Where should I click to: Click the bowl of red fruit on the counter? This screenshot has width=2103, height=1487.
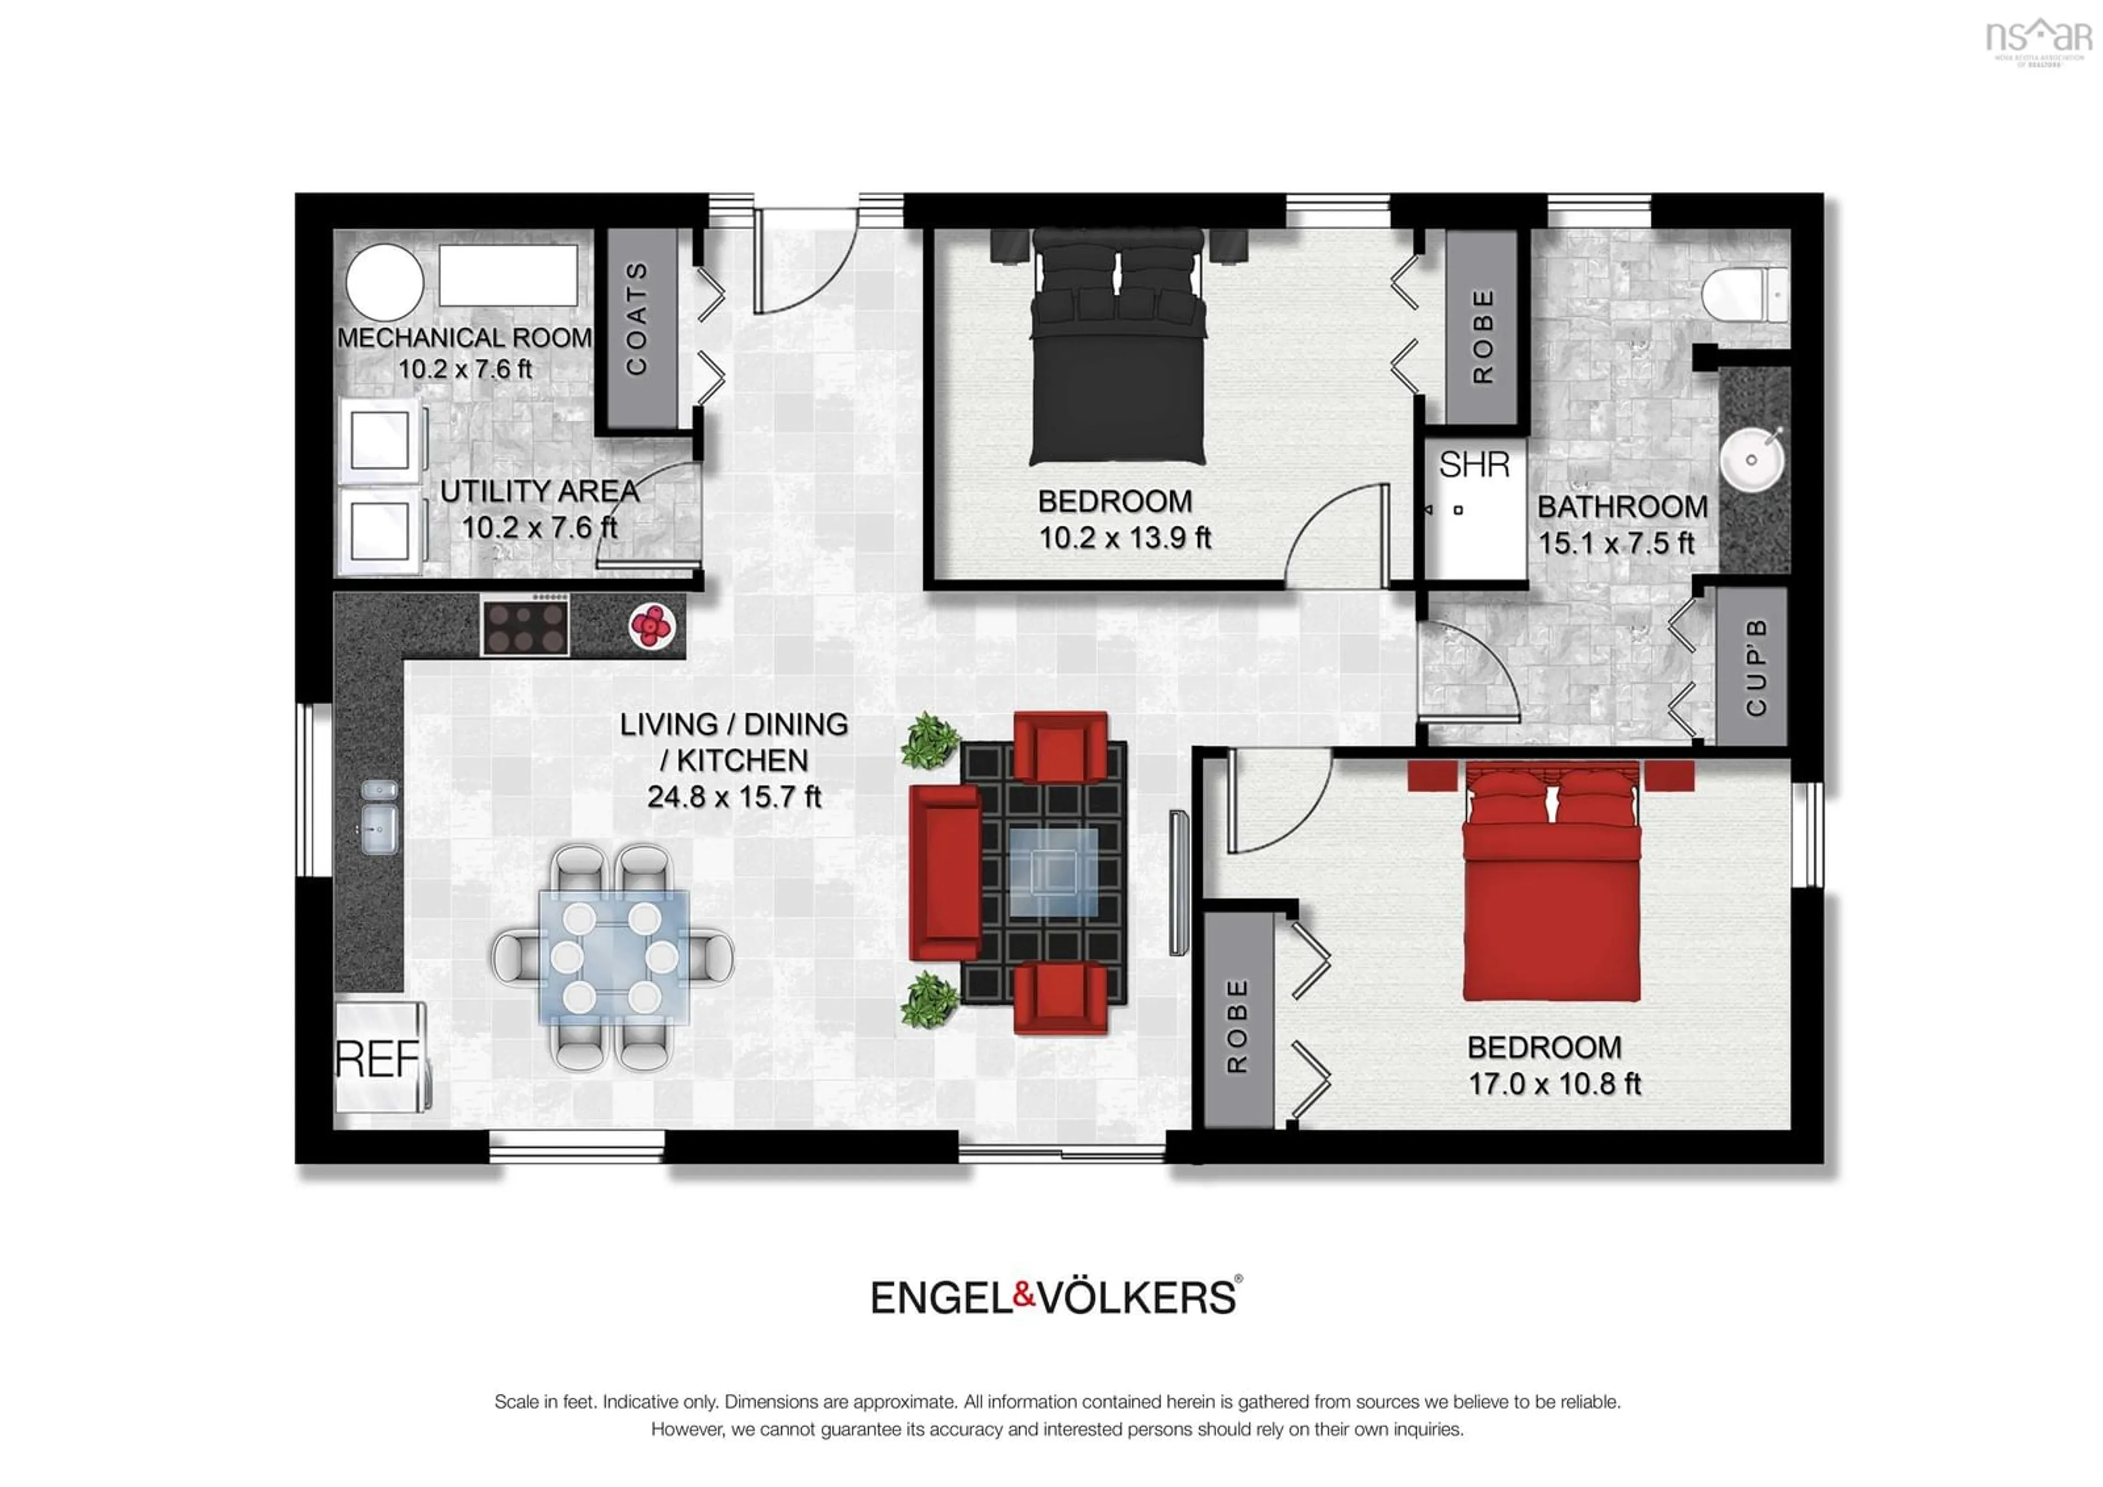pos(651,627)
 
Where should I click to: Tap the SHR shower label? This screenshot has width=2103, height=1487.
pos(1474,465)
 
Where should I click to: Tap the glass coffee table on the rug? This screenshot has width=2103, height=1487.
pos(1053,872)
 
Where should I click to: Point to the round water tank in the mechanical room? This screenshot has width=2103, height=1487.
pos(384,282)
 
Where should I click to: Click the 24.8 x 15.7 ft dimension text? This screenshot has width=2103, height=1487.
pos(734,797)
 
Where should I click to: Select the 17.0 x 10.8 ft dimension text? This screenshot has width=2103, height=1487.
pos(1554,1085)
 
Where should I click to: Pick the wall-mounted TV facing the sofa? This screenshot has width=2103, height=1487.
pos(1178,882)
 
